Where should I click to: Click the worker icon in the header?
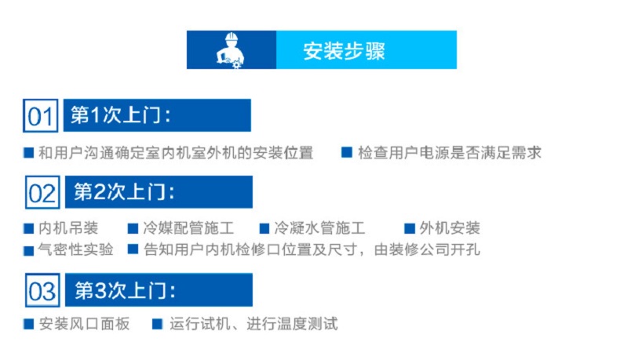(x=231, y=50)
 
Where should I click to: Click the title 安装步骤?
(x=344, y=51)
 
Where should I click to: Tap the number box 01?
(x=41, y=115)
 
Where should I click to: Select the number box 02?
(x=42, y=192)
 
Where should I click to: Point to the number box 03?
(x=42, y=290)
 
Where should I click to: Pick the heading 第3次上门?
(x=125, y=290)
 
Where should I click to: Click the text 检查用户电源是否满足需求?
(x=450, y=152)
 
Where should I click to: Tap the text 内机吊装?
(x=68, y=228)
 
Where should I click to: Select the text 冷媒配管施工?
(x=188, y=228)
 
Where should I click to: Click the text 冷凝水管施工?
(x=319, y=228)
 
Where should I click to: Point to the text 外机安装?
(x=450, y=228)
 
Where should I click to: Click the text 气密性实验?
(x=75, y=249)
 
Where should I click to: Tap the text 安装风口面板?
(x=84, y=324)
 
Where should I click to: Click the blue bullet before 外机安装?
(x=409, y=228)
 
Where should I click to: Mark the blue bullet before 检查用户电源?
(x=347, y=152)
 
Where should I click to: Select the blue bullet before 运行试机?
(x=158, y=324)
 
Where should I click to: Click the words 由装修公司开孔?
(x=427, y=249)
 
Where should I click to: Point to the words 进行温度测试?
(x=292, y=324)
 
